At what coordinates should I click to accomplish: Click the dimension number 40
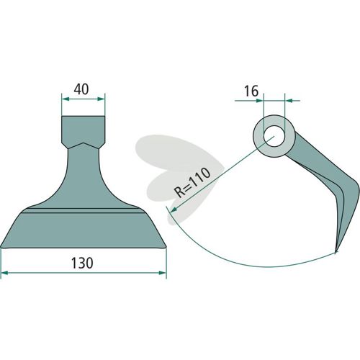tap(81, 89)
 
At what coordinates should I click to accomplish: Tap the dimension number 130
tap(82, 263)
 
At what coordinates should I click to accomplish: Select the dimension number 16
tap(251, 91)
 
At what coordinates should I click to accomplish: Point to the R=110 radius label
tap(192, 182)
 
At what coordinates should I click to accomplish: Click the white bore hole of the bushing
tap(274, 136)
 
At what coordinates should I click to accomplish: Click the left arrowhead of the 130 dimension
tap(5, 273)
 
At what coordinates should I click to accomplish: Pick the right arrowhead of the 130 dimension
tap(163, 273)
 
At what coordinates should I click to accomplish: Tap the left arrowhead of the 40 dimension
tap(66, 99)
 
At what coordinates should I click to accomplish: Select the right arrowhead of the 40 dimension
tap(101, 99)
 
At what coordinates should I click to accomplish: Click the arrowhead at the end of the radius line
tap(174, 210)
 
